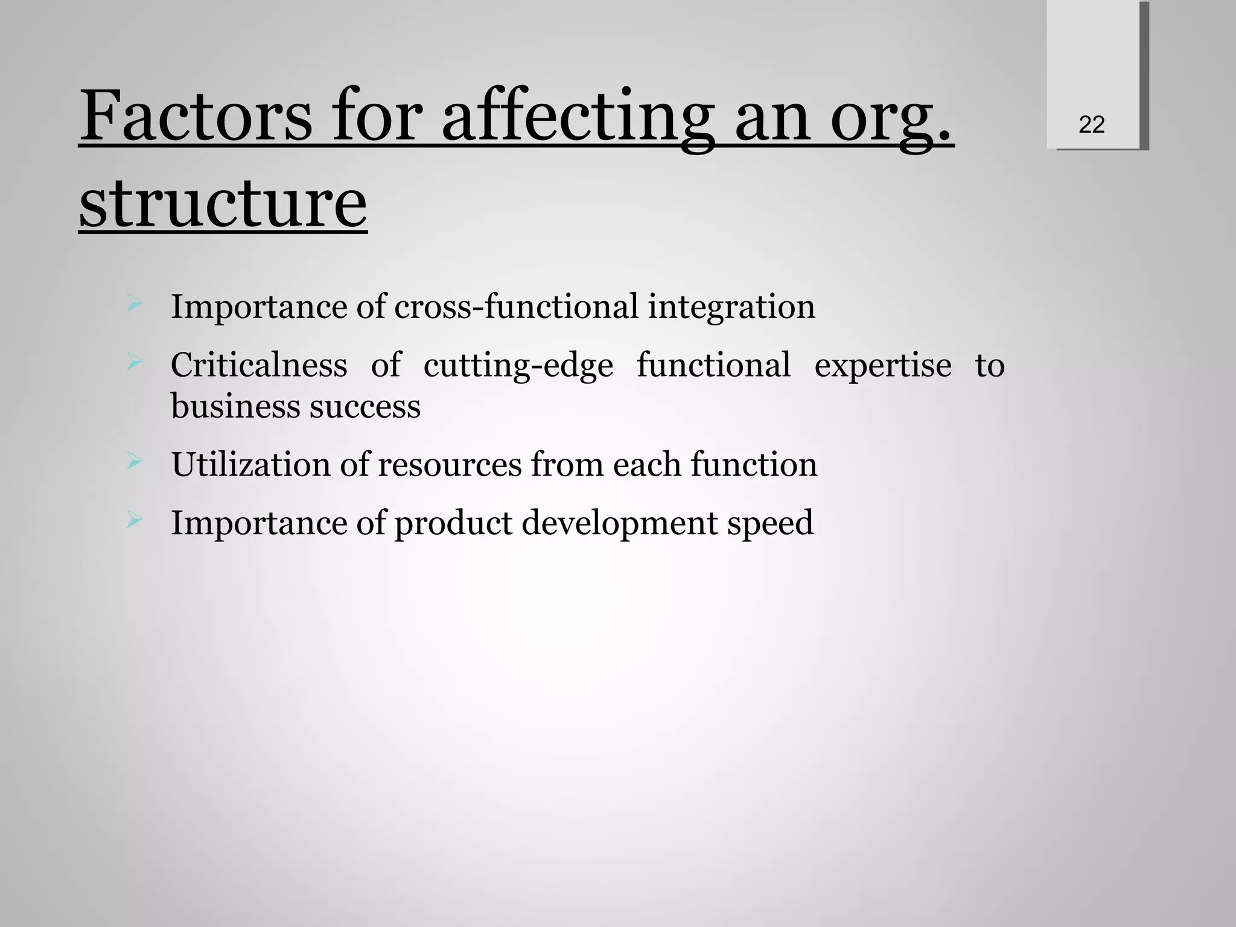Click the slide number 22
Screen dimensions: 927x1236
click(x=1091, y=125)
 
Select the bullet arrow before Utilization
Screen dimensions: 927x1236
click(x=135, y=462)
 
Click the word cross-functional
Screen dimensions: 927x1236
click(x=516, y=307)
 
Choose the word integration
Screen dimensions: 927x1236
click(x=731, y=307)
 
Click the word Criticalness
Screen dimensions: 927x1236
click(x=259, y=365)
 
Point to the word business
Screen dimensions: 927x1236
click(x=235, y=406)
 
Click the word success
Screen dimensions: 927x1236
click(x=365, y=406)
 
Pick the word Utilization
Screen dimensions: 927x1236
click(x=250, y=465)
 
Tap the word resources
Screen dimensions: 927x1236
click(x=450, y=465)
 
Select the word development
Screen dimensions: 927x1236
click(x=619, y=523)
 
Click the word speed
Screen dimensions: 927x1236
click(x=770, y=523)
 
